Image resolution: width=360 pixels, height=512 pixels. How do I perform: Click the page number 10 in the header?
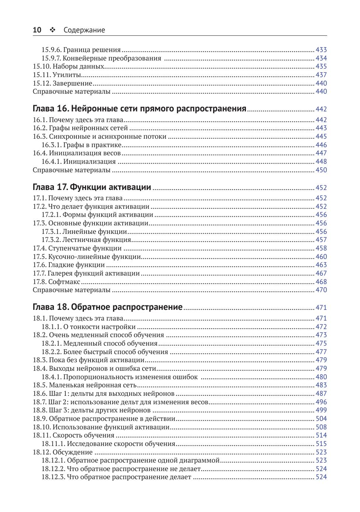point(37,30)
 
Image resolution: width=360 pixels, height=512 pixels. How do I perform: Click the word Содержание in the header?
point(84,30)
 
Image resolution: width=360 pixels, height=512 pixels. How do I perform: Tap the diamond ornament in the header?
point(52,30)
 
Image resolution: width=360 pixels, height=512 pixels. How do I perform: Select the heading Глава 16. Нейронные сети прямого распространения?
point(139,109)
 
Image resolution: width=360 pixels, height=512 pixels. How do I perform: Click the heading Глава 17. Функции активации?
point(92,187)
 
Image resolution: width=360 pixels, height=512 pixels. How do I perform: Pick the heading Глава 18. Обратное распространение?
point(107,307)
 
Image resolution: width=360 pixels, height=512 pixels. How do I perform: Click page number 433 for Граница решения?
point(321,50)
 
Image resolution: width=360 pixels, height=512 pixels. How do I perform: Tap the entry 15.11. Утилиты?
point(57,75)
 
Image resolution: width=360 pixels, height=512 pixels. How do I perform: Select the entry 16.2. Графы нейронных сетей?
point(80,128)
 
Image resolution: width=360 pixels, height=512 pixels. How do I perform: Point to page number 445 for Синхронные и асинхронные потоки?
point(321,136)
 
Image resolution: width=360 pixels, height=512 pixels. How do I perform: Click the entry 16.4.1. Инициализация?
point(78,162)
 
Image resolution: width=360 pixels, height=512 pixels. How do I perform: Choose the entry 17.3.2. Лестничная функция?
point(86,240)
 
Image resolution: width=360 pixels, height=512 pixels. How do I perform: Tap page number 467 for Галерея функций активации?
point(321,273)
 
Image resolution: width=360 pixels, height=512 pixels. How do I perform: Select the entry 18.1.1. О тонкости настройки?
point(88,327)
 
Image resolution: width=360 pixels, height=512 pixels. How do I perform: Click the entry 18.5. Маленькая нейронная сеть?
point(85,385)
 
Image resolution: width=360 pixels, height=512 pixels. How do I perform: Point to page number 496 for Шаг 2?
point(321,402)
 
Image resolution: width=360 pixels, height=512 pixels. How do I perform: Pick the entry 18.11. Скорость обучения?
point(73,435)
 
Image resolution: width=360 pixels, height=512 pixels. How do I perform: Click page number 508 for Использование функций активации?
point(321,427)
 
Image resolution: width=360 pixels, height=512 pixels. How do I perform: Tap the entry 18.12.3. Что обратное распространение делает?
point(116,477)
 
